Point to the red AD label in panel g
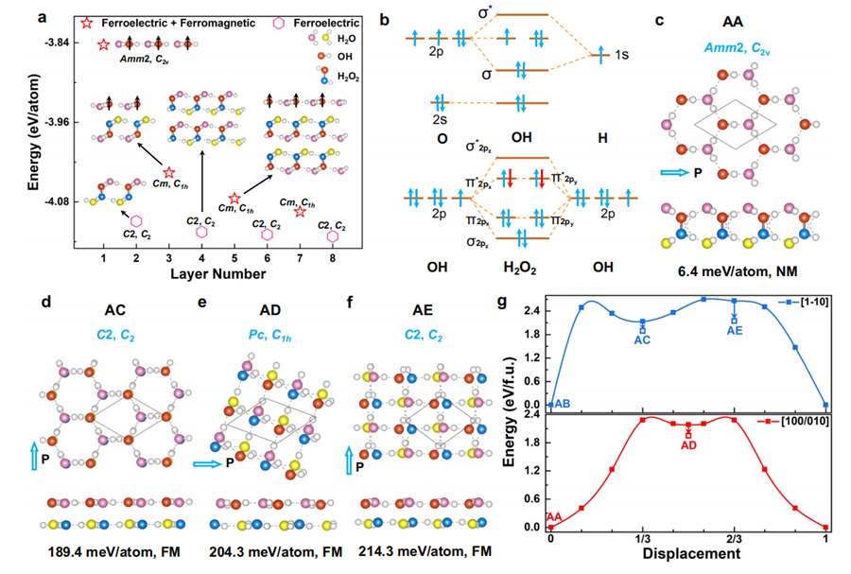pos(689,444)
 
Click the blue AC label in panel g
pos(643,338)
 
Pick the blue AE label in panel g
pos(735,330)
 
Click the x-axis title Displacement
pos(688,554)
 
